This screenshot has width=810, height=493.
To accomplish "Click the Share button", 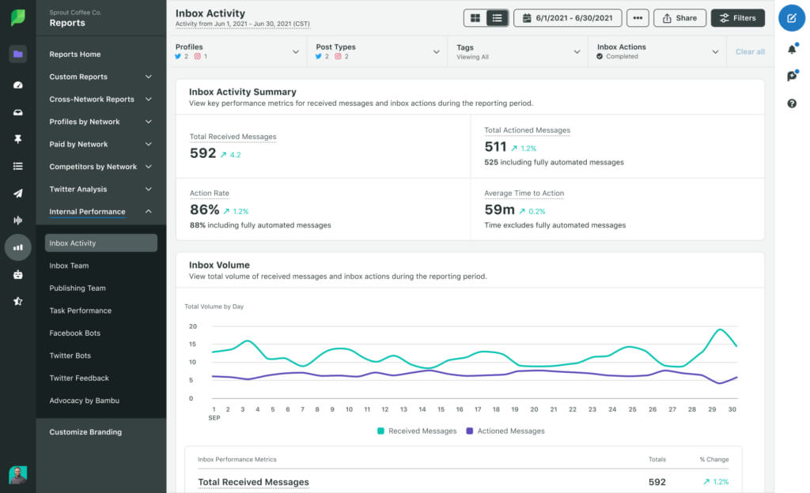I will click(x=679, y=18).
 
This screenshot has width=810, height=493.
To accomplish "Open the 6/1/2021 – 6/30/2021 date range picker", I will click(x=567, y=18).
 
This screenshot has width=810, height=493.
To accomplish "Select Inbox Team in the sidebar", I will click(x=69, y=265).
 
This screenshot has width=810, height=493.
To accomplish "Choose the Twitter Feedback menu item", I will click(x=79, y=378).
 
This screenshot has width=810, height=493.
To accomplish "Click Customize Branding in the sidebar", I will click(x=85, y=432).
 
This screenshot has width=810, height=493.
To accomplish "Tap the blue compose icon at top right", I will click(x=792, y=17).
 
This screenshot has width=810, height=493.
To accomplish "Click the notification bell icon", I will click(x=792, y=49).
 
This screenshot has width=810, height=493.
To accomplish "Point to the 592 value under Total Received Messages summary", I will click(x=203, y=153).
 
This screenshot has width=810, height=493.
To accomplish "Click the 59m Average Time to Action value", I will click(x=499, y=209).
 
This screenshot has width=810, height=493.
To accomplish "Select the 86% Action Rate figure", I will click(x=204, y=209).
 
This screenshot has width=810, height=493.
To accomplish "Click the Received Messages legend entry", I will click(x=417, y=431).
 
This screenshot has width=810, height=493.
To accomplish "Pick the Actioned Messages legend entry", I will click(x=505, y=431).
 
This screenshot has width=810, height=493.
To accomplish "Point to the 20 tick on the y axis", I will click(x=193, y=326).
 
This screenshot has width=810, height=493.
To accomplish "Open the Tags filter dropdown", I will click(x=517, y=51).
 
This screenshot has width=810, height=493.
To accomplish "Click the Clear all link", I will click(x=750, y=52).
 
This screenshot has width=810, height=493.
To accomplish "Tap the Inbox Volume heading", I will click(x=219, y=265).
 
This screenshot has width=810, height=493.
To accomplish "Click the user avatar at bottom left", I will click(x=17, y=475).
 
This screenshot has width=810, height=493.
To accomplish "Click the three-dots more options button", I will click(x=638, y=18).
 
